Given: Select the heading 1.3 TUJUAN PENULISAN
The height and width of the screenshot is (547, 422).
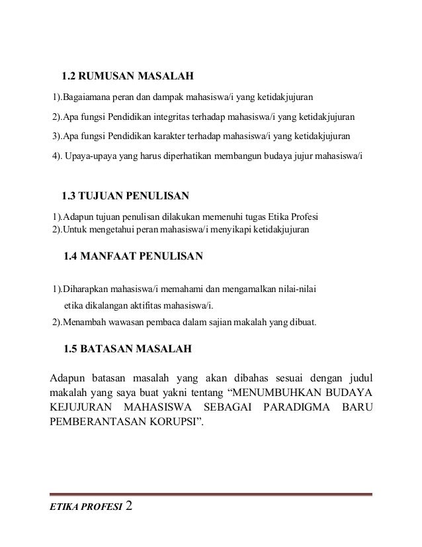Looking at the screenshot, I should pos(125,196).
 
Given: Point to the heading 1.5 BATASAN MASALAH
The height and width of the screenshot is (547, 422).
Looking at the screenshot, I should pos(127,348).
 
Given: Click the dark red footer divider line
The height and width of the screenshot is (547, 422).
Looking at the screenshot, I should pos(211,494).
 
